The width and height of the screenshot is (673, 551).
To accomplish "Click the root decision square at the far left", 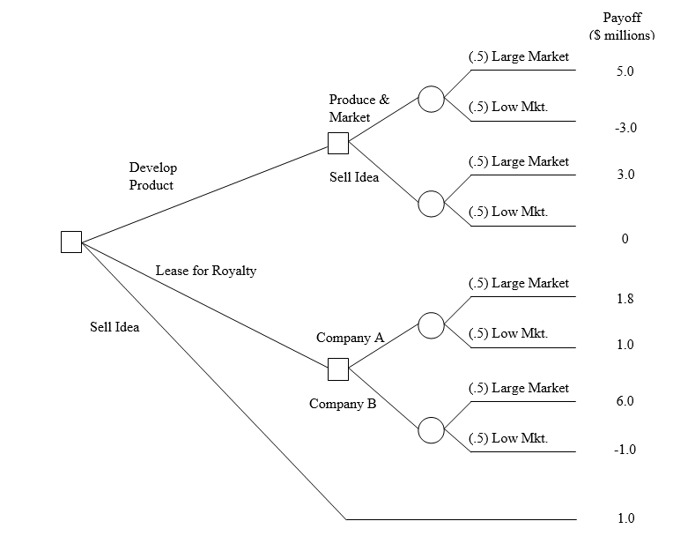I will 71,242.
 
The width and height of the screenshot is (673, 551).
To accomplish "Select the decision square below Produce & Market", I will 337,143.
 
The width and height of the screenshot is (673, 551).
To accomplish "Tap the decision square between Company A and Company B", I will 337,369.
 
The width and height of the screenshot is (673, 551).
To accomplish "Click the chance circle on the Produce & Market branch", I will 431,99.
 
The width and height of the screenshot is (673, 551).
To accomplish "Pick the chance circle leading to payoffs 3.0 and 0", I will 431,204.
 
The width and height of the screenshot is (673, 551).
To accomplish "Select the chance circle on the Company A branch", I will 431,325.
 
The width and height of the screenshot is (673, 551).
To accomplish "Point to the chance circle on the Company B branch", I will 431,430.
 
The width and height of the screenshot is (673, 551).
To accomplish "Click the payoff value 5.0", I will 625,71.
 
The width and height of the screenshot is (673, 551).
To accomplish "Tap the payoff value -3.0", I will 625,128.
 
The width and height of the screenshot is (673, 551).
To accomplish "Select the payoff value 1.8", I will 625,299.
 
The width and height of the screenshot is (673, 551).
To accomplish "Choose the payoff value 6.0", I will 625,401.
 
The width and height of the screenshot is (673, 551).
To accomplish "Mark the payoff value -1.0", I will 625,450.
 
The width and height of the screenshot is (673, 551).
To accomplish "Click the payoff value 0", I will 625,239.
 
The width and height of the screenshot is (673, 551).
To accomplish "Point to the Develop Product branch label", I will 152,176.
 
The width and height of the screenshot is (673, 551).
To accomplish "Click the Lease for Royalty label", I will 205,271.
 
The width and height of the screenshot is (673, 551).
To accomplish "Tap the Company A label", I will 350,338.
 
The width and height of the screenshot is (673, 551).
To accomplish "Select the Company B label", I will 343,404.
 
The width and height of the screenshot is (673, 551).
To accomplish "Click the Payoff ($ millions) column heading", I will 622,26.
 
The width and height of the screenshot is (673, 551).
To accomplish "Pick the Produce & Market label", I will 359,108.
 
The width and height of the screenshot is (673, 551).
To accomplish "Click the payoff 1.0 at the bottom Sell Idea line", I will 625,518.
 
